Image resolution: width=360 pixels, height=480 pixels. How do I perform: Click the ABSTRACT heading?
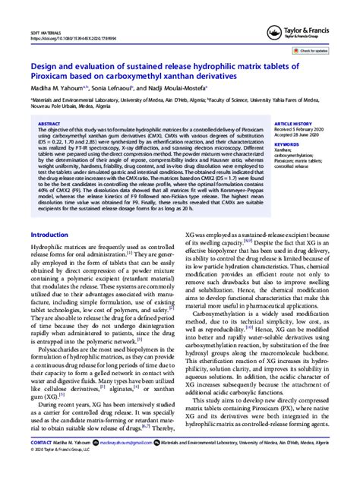(x=49, y=123)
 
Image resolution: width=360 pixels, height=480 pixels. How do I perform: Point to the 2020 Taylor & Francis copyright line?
(x=62, y=470)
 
